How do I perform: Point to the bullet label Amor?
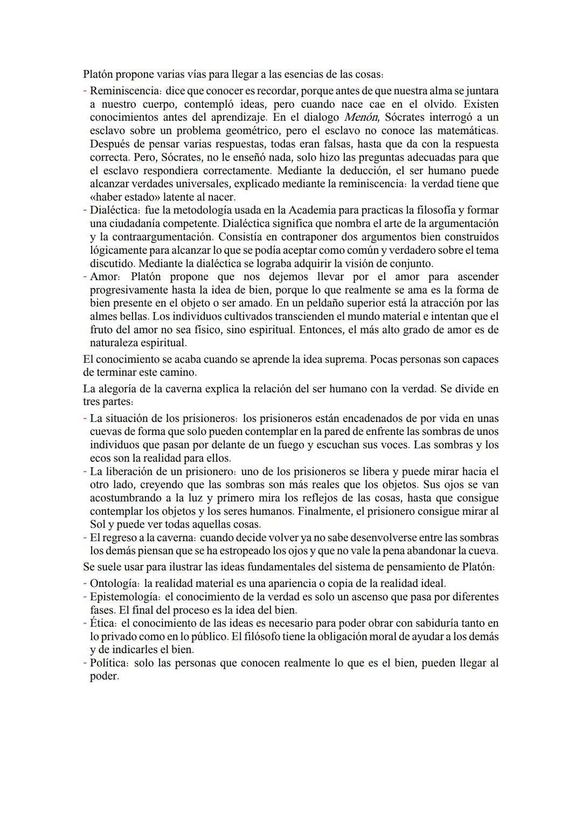pos(102,277)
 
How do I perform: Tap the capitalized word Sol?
pos(98,524)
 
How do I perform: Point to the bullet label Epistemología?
pos(124,597)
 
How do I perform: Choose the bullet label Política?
pos(109,663)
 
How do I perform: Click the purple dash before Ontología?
pos(85,584)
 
